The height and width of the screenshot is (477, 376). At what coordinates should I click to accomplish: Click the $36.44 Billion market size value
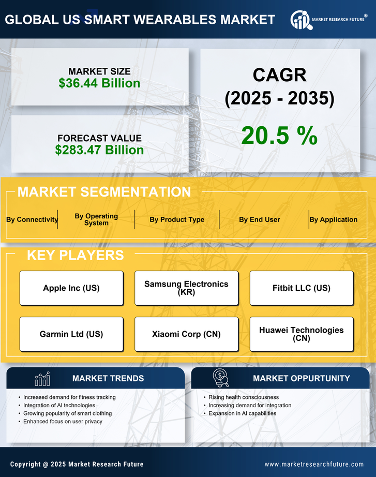point(99,83)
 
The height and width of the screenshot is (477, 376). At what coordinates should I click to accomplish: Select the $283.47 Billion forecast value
point(99,150)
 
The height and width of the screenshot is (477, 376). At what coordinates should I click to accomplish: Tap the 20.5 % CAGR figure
point(279,136)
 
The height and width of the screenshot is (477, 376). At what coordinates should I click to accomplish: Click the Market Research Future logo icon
point(300,20)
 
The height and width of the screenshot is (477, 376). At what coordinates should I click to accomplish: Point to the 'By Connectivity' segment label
point(32,219)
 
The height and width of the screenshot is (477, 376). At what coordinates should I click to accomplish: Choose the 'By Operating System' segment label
point(96,219)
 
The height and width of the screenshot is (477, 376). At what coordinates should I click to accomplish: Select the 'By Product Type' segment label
point(177,219)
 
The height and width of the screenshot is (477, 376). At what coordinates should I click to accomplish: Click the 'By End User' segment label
point(259,219)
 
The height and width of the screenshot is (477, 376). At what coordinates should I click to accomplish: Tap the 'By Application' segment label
point(334,219)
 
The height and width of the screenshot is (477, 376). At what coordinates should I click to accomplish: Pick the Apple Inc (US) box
point(71,288)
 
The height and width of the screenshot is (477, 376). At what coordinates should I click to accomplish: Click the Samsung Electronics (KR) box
point(186,288)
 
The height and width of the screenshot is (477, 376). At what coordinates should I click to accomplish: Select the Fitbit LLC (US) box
point(302,288)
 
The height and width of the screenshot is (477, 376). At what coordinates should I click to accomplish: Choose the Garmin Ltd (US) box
point(71,334)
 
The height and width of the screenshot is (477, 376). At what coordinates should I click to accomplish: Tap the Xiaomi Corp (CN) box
point(186,334)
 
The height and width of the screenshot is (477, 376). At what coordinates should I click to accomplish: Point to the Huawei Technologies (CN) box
point(302,334)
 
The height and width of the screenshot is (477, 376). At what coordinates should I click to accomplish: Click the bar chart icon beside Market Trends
point(42,379)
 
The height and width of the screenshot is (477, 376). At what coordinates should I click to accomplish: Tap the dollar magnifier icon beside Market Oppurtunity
point(221,378)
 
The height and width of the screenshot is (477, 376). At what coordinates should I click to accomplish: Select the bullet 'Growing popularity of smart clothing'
point(67,413)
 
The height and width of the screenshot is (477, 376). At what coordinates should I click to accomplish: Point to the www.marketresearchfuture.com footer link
point(314,464)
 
